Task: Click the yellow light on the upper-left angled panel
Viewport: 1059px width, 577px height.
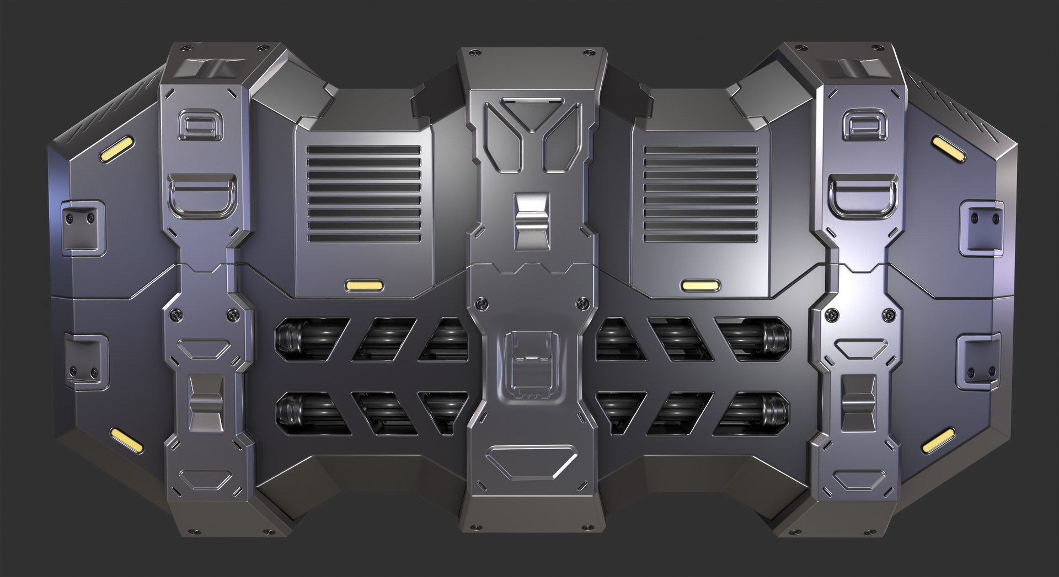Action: [117, 150]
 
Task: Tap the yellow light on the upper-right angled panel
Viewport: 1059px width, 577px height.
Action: [948, 150]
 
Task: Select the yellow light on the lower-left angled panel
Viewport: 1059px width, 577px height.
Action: [126, 439]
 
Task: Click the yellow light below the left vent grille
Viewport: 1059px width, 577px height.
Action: [364, 285]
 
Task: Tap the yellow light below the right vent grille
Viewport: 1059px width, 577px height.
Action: [700, 285]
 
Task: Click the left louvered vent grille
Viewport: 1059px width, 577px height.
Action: [363, 193]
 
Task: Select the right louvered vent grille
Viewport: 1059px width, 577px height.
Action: [700, 193]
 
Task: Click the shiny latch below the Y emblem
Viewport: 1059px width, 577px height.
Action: [532, 220]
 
